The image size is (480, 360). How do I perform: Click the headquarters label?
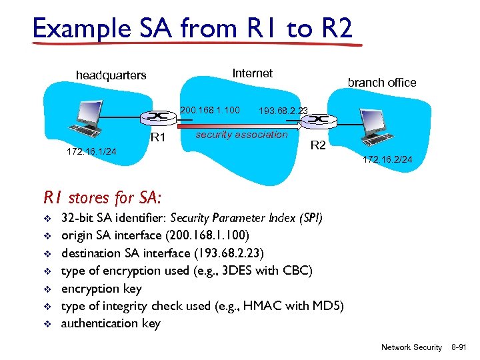(x=111, y=75)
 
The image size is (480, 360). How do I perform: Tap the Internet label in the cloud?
(x=252, y=73)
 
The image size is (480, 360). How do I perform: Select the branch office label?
(x=381, y=83)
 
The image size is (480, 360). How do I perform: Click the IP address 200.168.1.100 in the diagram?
(x=210, y=109)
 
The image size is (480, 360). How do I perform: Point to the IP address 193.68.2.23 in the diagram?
(x=283, y=111)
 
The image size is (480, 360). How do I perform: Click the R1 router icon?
(x=158, y=117)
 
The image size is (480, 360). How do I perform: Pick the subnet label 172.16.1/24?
(x=91, y=152)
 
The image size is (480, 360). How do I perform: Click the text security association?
(x=241, y=135)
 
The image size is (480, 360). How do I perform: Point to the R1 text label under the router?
(x=157, y=139)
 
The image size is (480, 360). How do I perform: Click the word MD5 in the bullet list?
(x=327, y=306)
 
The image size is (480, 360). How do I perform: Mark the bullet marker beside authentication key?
(x=47, y=324)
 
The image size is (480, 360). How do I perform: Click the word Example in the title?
(x=73, y=29)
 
